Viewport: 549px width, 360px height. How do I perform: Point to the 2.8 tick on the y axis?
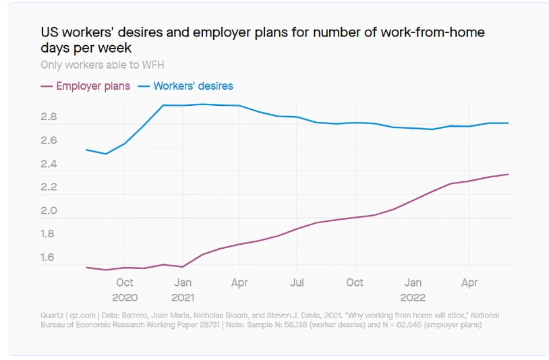(x=49, y=117)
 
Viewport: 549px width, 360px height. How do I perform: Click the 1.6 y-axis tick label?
(x=49, y=258)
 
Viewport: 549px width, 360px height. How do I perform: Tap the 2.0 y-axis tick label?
(x=49, y=211)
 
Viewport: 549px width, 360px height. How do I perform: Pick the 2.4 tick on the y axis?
(x=49, y=164)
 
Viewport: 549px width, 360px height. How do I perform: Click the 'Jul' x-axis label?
(x=297, y=283)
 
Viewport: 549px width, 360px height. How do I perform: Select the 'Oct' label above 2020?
(x=125, y=283)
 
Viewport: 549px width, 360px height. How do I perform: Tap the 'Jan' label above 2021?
(x=183, y=283)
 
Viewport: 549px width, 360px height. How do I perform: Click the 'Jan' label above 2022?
(x=413, y=283)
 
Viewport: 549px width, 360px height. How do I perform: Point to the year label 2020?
(x=125, y=297)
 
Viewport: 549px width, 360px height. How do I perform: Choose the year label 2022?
(x=413, y=297)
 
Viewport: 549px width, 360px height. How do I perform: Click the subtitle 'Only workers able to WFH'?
(x=102, y=65)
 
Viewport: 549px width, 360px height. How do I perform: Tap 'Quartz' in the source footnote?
(x=51, y=316)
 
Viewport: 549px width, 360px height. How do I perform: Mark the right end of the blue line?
(x=508, y=123)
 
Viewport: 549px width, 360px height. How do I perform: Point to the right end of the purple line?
(x=508, y=174)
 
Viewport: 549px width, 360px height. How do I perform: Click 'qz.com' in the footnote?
(x=82, y=316)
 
